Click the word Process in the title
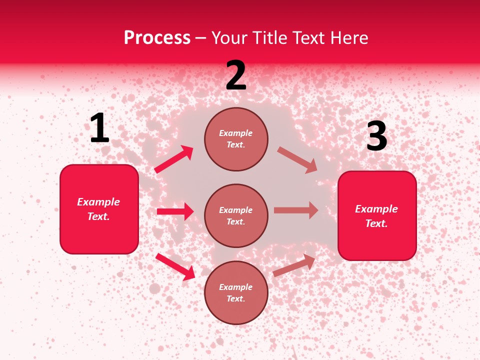coord(157,38)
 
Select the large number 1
coord(99,128)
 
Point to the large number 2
coord(236,75)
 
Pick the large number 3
coord(376,136)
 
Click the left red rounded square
coord(99,209)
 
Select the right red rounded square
coord(377,215)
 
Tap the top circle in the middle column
coord(236,139)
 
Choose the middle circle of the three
coord(236,215)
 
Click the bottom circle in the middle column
coord(236,292)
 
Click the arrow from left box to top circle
coord(174,159)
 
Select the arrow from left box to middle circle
coord(175,211)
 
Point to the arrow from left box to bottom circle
coord(175,266)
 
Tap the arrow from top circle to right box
coord(297,159)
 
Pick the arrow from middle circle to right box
coord(296,210)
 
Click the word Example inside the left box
coord(98,202)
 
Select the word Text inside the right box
coord(376,223)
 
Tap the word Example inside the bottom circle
coord(236,287)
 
